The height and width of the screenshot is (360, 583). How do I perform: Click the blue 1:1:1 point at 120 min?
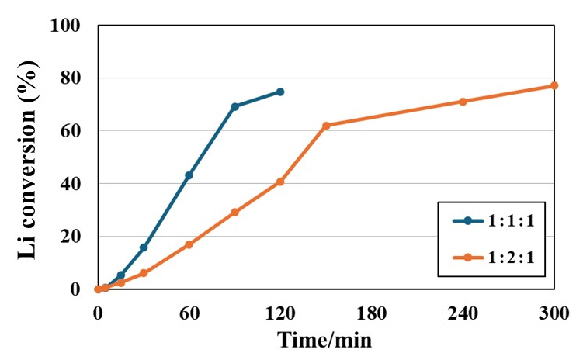click(280, 92)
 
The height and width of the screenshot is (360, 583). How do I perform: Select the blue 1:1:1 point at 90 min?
click(234, 106)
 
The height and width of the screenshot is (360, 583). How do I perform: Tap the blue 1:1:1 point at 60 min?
click(189, 175)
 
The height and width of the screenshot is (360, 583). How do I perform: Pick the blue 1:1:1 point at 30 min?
click(144, 247)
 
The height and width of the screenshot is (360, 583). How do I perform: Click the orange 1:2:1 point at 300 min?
click(554, 85)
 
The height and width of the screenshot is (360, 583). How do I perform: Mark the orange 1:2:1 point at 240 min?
click(463, 102)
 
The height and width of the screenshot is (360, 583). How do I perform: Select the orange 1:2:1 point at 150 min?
click(326, 126)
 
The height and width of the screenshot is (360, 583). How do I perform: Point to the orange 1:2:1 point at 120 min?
click(280, 182)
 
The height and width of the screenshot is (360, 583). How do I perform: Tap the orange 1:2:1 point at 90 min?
click(234, 212)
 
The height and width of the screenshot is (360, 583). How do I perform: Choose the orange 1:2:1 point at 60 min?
click(189, 244)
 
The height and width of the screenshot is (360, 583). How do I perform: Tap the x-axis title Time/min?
click(325, 340)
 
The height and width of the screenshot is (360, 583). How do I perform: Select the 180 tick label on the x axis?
click(372, 314)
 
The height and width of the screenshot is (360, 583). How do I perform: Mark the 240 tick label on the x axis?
click(463, 314)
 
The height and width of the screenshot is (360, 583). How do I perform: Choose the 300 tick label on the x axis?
click(554, 314)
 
